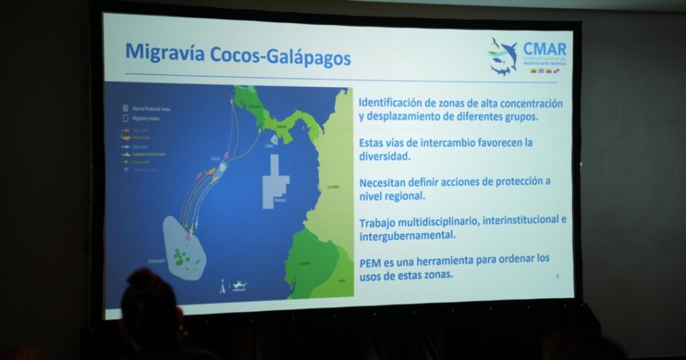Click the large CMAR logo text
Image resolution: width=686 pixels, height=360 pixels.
click(544, 50)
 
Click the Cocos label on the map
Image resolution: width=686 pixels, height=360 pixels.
click(216, 158)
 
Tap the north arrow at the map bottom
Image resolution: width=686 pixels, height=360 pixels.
click(222, 288)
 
